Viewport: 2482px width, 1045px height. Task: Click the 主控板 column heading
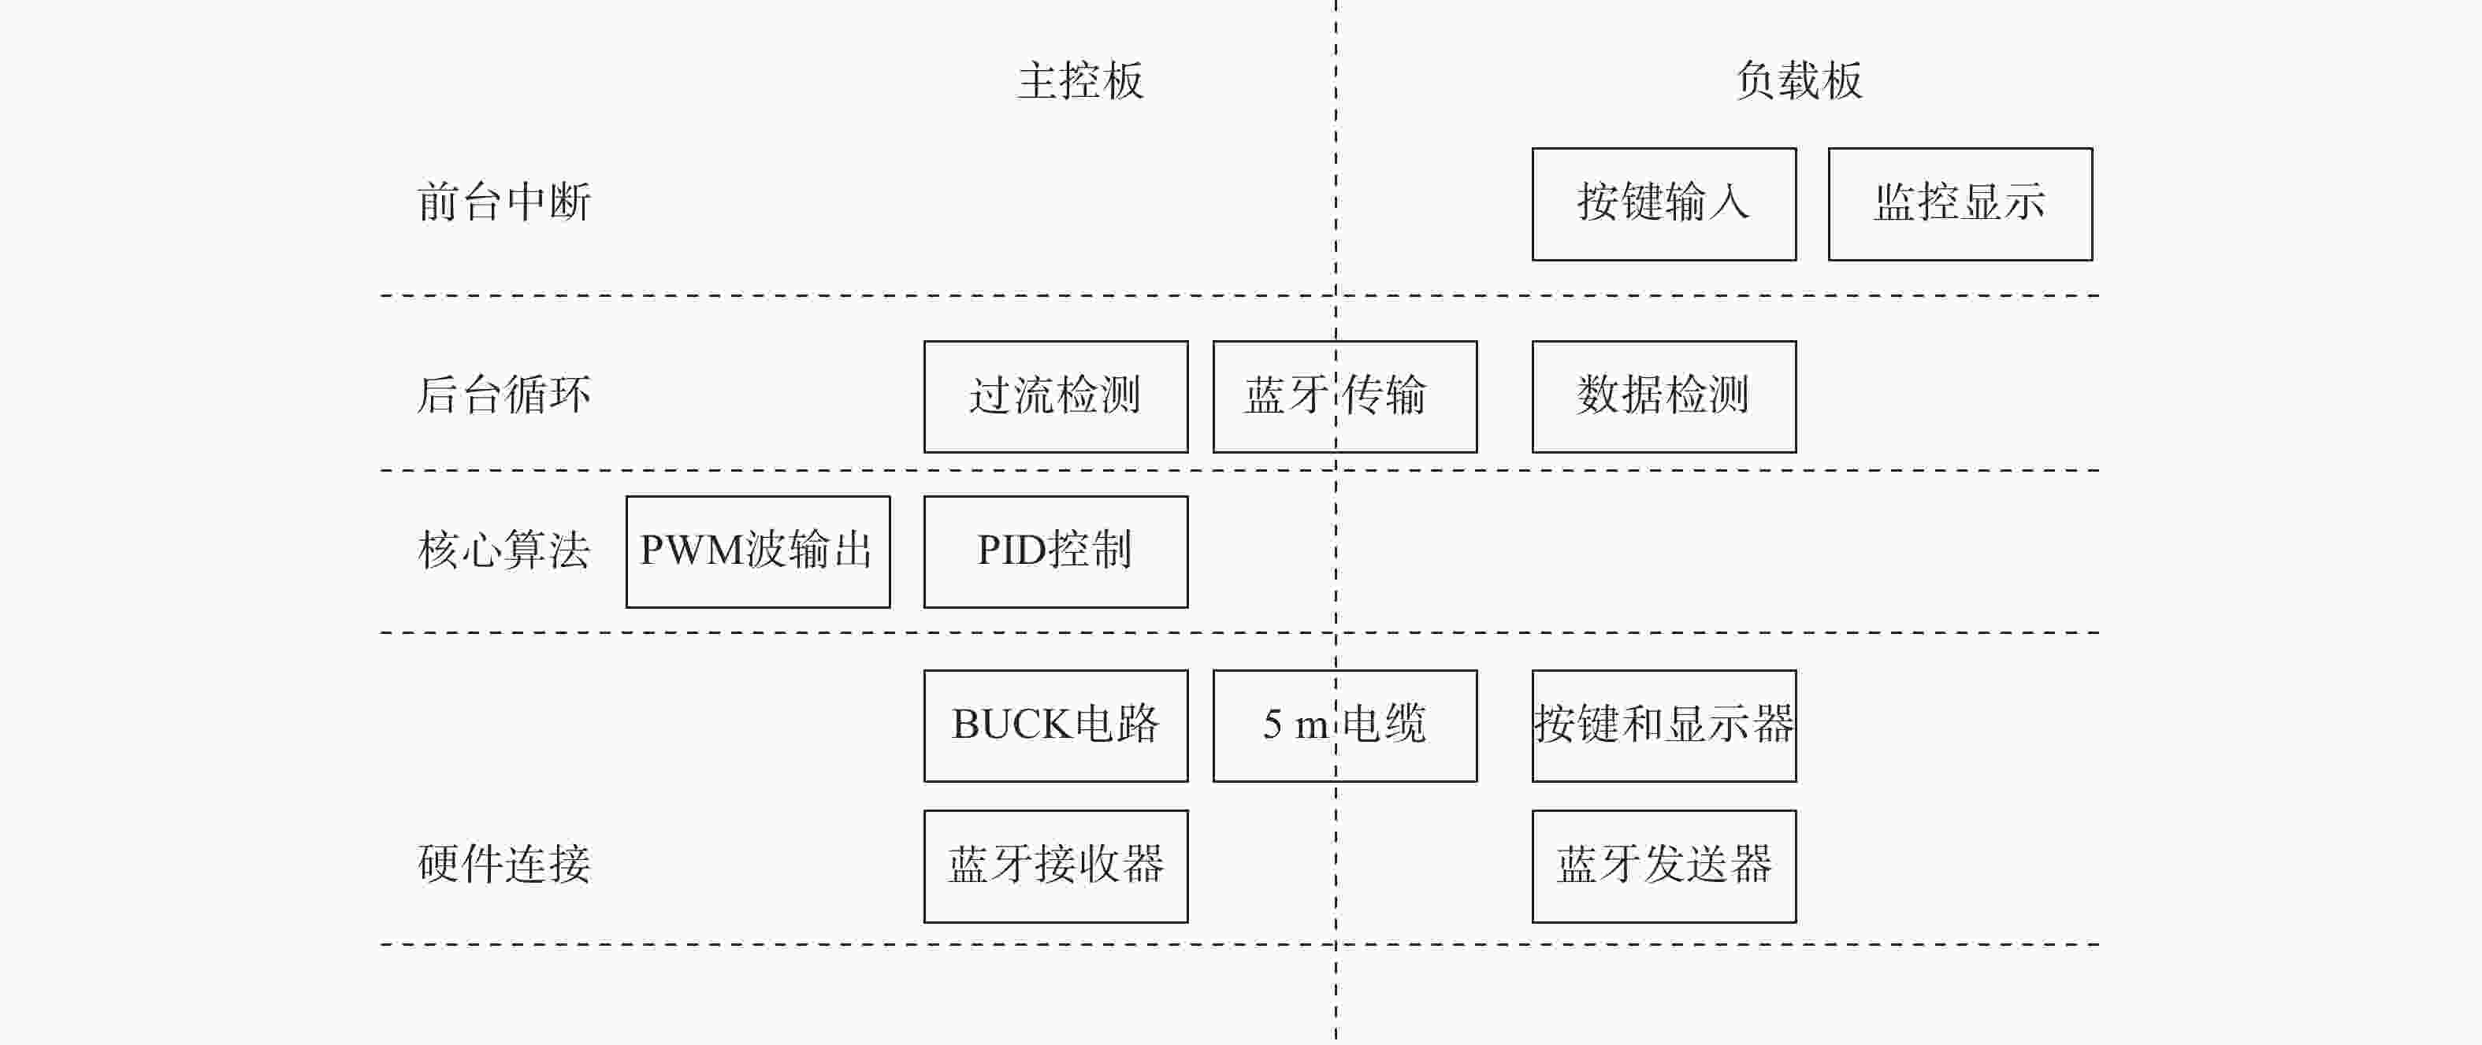(1080, 81)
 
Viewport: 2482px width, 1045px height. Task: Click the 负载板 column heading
(1799, 81)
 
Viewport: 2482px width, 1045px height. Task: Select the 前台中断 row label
(504, 202)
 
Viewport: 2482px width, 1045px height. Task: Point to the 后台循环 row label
(504, 395)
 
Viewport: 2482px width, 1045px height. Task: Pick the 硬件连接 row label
(504, 864)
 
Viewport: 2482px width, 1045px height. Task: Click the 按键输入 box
(1664, 204)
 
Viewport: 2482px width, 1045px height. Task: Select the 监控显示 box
(1960, 204)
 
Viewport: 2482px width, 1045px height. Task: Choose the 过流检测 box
(1056, 397)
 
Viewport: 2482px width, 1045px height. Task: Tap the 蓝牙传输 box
(1345, 397)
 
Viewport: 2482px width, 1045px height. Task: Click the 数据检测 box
(1664, 397)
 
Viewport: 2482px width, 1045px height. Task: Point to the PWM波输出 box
(758, 552)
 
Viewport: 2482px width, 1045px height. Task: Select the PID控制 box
(1056, 552)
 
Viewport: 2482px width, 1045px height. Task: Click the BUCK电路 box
(1056, 726)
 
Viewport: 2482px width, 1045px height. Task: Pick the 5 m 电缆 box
(1345, 726)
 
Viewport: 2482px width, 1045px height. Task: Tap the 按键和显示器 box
(1664, 726)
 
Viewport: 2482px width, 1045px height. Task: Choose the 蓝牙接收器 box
(1056, 867)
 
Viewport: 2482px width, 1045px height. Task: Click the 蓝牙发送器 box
(1664, 867)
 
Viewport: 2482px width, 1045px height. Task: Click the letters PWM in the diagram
(693, 551)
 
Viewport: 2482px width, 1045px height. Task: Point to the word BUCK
(1012, 724)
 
